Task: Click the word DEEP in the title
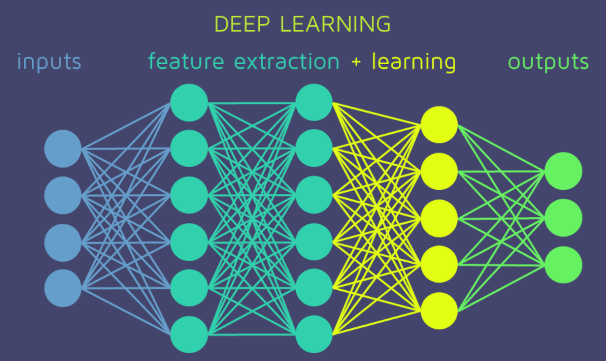[x=242, y=24]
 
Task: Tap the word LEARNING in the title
[x=335, y=24]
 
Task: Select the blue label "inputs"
[x=49, y=62]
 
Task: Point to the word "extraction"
[x=286, y=62]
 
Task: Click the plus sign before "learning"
[x=356, y=62]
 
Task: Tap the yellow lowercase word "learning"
[x=414, y=62]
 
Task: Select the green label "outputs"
[x=548, y=62]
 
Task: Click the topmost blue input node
[x=63, y=148]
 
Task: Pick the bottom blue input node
[x=63, y=288]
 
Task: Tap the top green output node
[x=563, y=171]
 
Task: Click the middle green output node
[x=563, y=218]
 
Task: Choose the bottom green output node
[x=563, y=265]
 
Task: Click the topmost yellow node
[x=439, y=125]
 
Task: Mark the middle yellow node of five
[x=439, y=218]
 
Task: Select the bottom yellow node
[x=439, y=311]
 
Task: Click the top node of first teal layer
[x=189, y=102]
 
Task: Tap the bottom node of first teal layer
[x=189, y=334]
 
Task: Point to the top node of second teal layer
[x=314, y=102]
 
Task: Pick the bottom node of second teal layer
[x=314, y=334]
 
